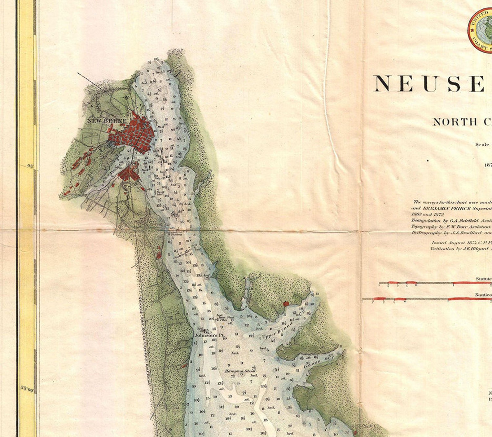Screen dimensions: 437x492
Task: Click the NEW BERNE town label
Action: (107, 121)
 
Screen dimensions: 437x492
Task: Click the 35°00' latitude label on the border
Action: (27, 388)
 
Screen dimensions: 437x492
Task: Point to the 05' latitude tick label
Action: (30, 166)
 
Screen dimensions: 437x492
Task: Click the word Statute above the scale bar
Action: (483, 279)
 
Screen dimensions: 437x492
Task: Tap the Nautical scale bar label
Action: (483, 295)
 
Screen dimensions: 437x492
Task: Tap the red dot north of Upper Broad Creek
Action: (286, 304)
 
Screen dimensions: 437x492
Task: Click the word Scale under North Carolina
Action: (482, 144)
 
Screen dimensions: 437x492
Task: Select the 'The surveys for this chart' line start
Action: (434, 202)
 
